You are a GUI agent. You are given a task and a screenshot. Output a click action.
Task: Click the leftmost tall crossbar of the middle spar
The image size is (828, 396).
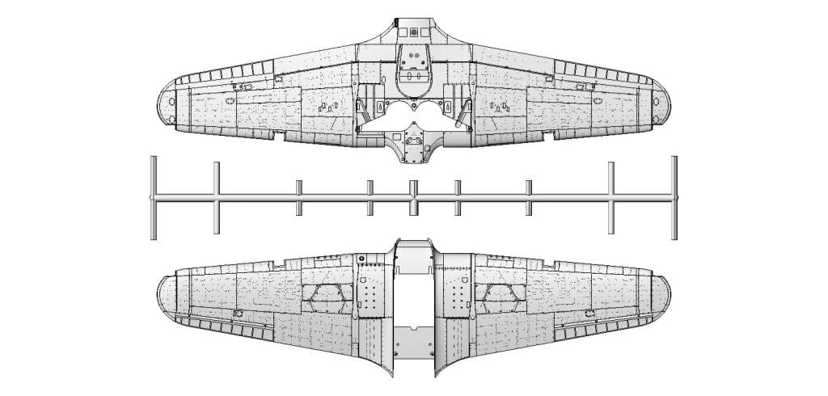click(x=154, y=198)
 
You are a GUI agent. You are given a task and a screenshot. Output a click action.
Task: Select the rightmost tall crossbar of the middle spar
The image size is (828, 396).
click(x=674, y=198)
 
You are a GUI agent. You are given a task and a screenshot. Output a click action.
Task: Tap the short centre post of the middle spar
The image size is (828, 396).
click(x=413, y=198)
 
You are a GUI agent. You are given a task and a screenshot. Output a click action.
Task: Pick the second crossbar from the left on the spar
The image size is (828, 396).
click(x=217, y=198)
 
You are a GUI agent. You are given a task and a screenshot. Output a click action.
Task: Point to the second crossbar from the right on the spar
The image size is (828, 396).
click(x=610, y=198)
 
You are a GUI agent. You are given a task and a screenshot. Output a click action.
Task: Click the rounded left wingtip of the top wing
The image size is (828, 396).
click(x=165, y=104)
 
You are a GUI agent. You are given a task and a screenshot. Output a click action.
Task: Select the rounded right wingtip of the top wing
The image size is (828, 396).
click(x=661, y=104)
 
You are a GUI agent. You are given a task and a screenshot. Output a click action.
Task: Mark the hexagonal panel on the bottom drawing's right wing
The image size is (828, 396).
click(x=499, y=298)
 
